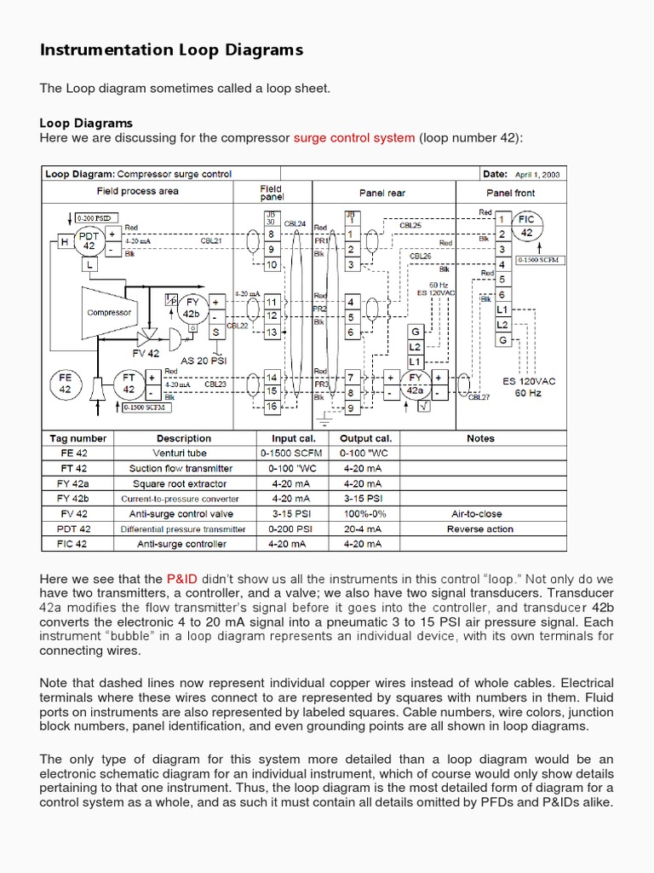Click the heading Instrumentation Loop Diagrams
(171, 50)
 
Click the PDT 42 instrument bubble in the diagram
(89, 240)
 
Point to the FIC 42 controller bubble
(527, 226)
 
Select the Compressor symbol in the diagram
(109, 313)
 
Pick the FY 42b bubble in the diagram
(192, 307)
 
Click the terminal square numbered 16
(272, 408)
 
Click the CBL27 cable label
(479, 397)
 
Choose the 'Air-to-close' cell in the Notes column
(480, 514)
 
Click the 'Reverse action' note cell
(480, 529)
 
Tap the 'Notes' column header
(480, 438)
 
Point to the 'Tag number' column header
(77, 438)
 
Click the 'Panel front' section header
(511, 193)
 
